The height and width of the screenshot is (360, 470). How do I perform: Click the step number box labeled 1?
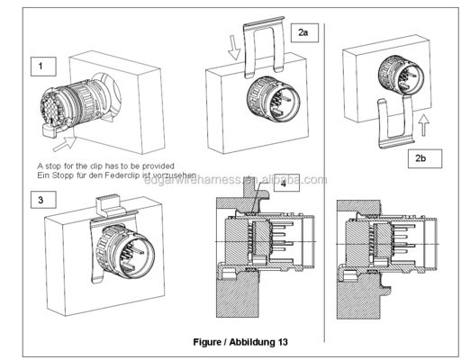click(42, 66)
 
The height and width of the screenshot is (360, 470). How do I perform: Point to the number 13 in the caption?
click(285, 342)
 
